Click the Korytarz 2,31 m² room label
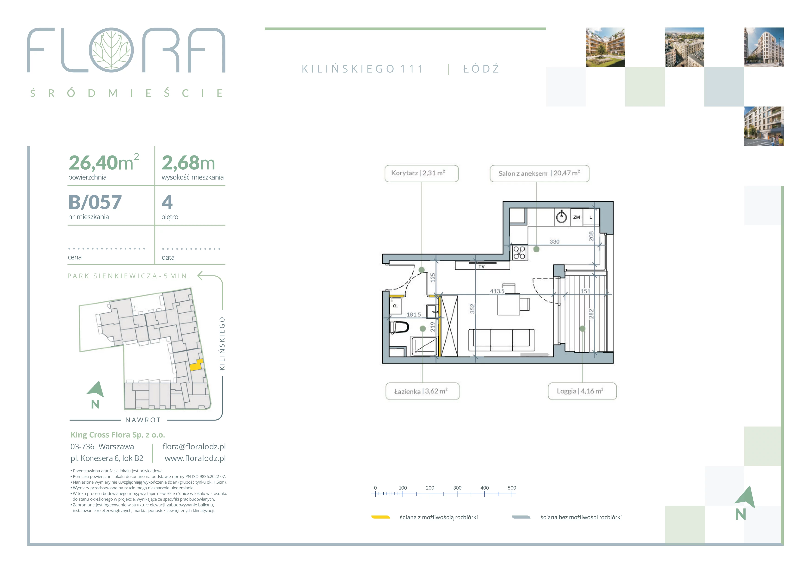point(421,173)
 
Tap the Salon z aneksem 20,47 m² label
point(539,173)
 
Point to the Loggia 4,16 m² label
point(582,391)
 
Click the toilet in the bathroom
point(399,327)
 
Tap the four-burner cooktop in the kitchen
point(519,253)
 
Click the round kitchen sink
point(561,217)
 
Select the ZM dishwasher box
point(577,217)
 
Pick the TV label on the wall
point(481,267)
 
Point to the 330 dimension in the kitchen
point(555,242)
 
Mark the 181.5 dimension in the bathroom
point(414,314)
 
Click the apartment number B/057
point(95,202)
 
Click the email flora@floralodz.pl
point(194,446)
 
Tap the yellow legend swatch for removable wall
point(380,517)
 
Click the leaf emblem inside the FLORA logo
point(111,50)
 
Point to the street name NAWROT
point(143,420)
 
